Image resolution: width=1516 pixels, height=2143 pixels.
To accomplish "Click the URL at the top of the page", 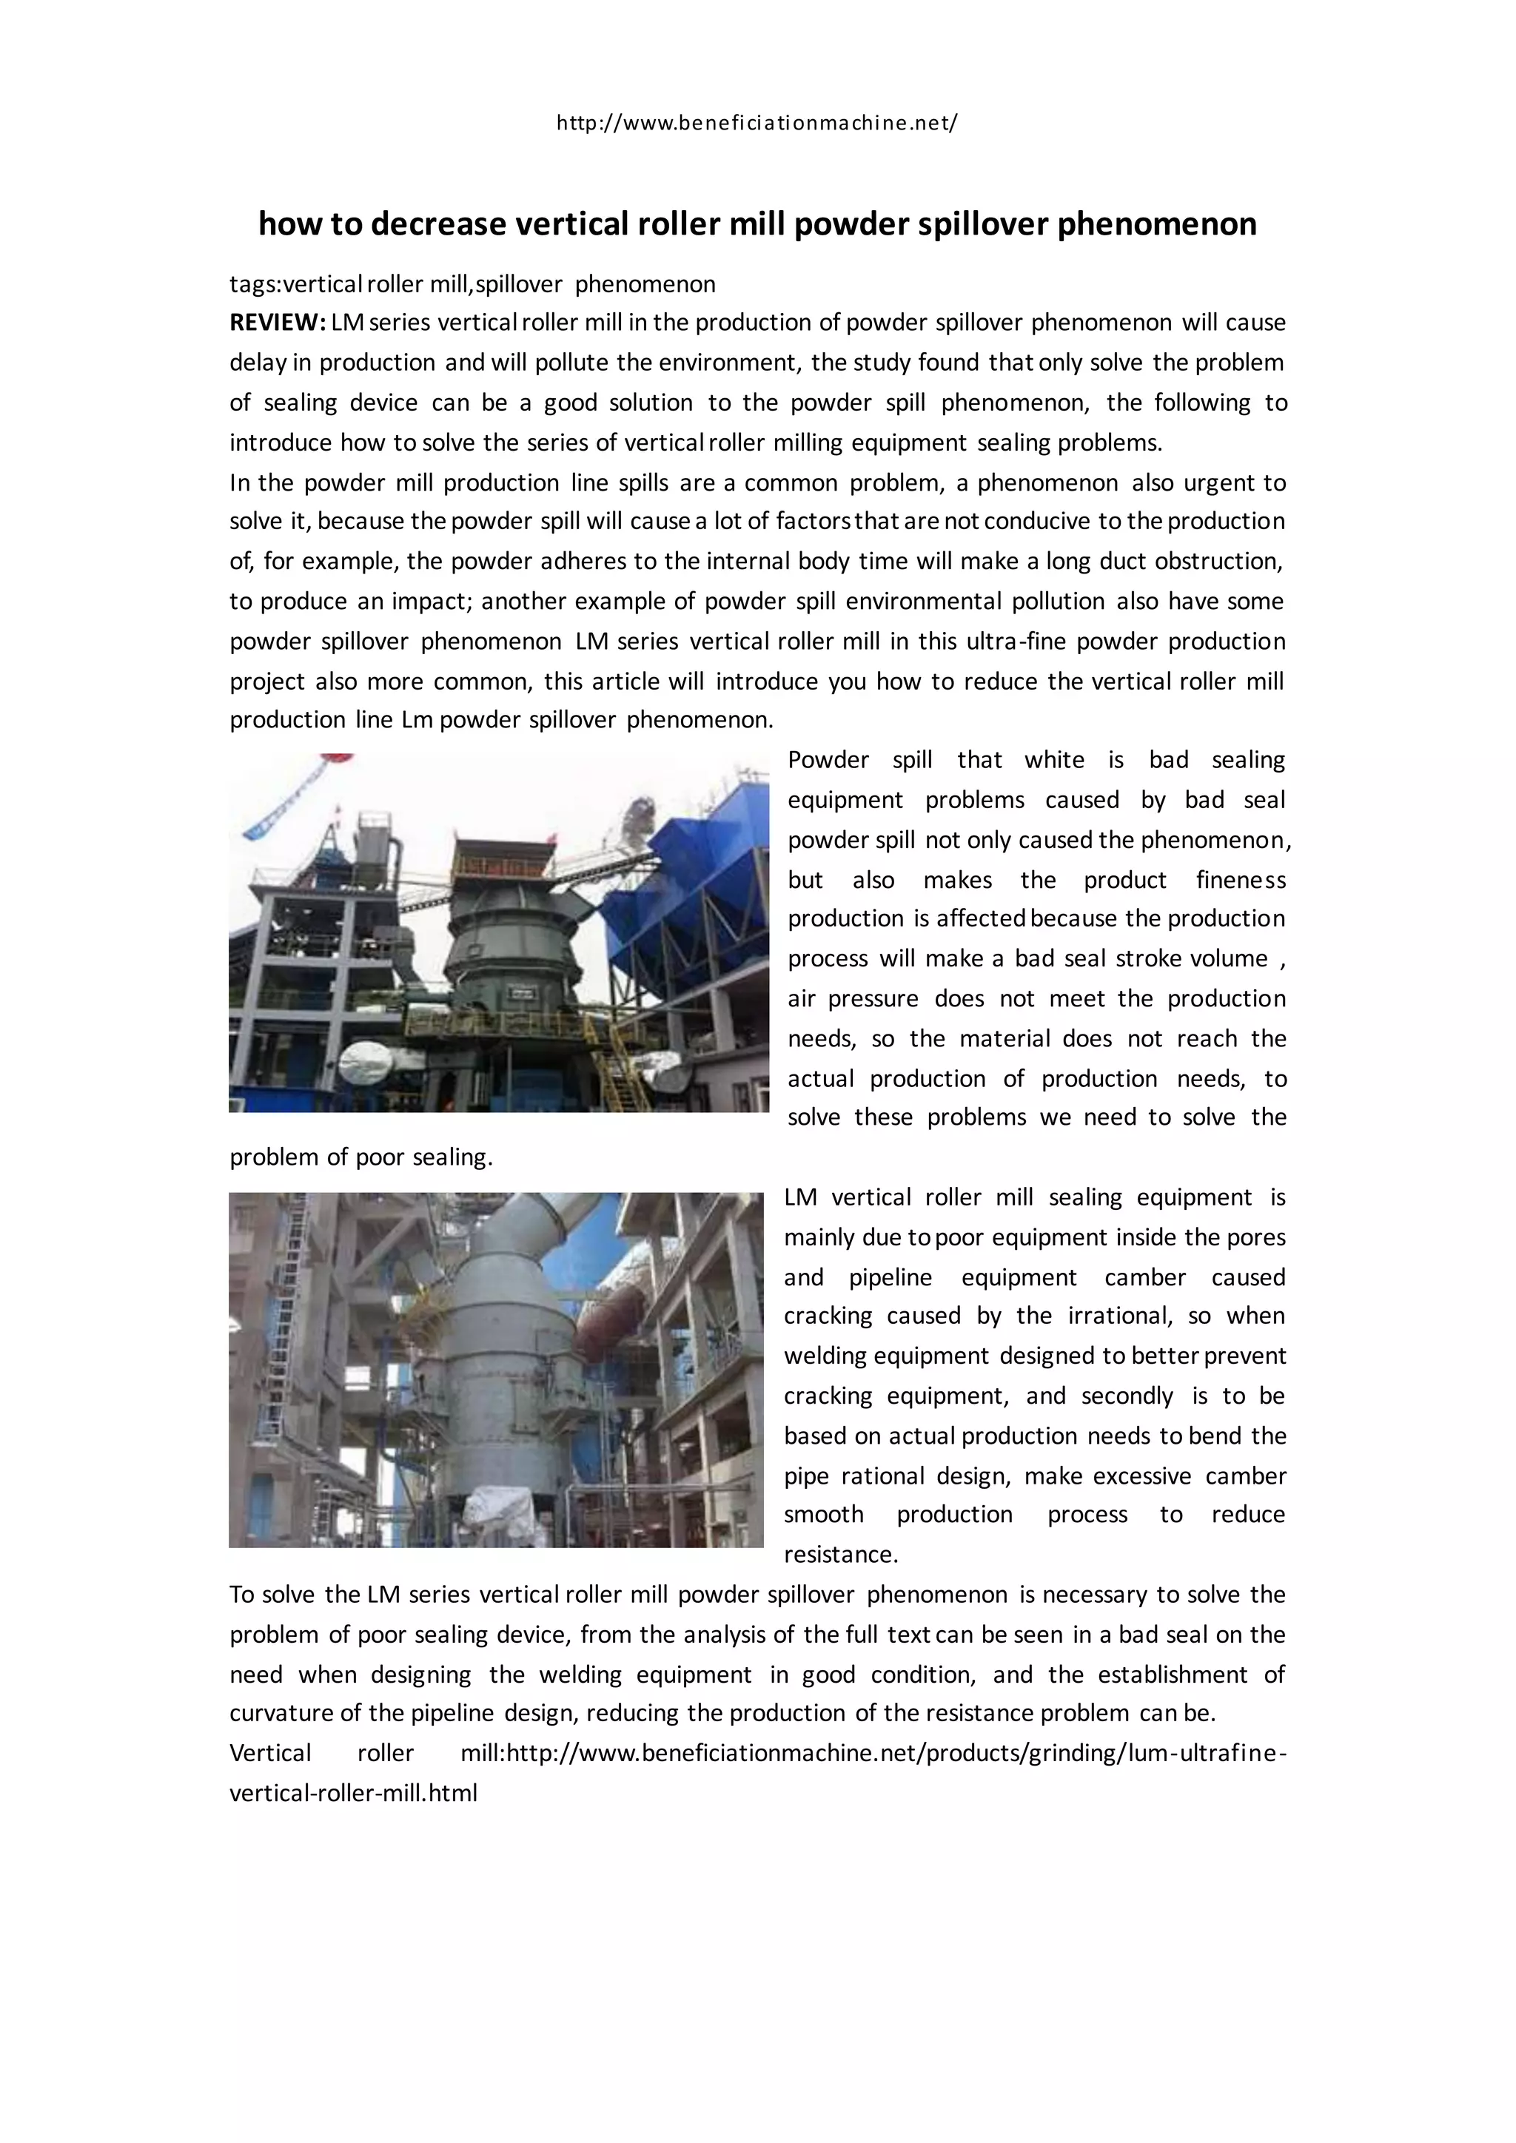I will coord(757,122).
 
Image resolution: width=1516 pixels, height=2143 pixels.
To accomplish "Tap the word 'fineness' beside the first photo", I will coord(1241,880).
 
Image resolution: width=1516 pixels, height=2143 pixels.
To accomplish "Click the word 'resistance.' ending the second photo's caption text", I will coord(840,1555).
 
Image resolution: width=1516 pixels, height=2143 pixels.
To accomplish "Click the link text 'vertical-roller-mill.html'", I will coord(353,1793).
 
